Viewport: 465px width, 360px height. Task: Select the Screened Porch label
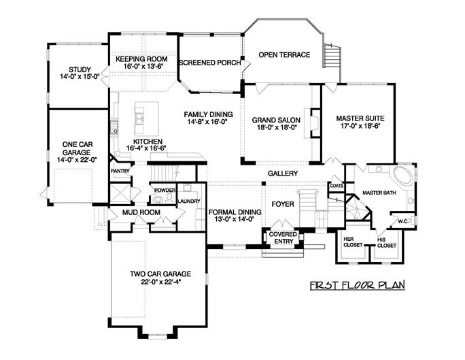(209, 63)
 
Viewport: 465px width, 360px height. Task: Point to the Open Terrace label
(284, 55)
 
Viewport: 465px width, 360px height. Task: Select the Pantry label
(120, 171)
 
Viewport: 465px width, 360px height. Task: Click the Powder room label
(165, 190)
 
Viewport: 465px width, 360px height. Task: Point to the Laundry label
(188, 202)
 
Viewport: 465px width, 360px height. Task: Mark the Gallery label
(282, 174)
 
